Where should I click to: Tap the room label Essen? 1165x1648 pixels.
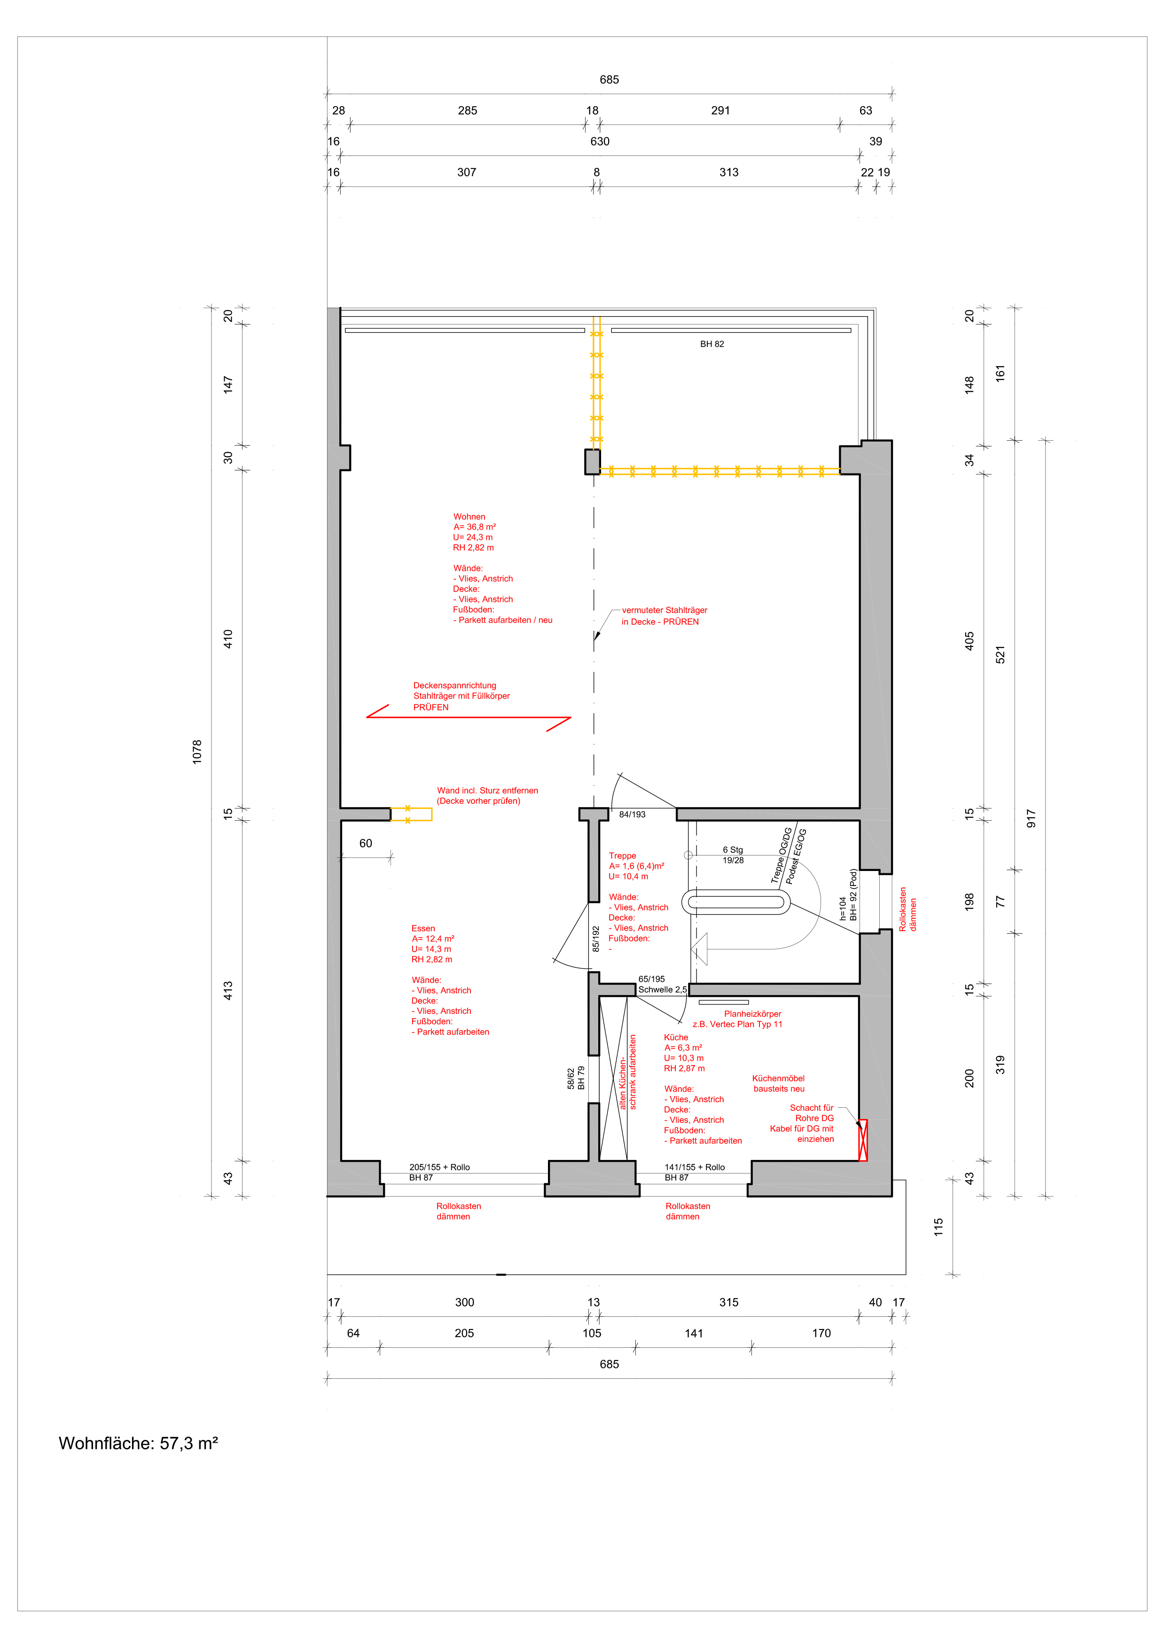[423, 928]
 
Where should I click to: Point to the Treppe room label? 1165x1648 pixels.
[622, 855]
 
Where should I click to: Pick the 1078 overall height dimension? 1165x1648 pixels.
[197, 752]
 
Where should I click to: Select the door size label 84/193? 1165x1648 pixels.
[633, 815]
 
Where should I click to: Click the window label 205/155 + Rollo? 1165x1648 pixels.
[439, 1167]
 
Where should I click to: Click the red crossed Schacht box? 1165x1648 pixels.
[863, 1141]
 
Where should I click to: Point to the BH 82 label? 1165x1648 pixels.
[712, 344]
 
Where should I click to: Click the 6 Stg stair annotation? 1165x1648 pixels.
[733, 850]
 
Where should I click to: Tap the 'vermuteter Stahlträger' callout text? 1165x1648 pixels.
[665, 610]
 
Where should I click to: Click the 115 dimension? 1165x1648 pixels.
[938, 1227]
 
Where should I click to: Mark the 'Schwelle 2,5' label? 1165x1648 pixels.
[663, 990]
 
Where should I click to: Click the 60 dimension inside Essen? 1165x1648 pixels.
[365, 843]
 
